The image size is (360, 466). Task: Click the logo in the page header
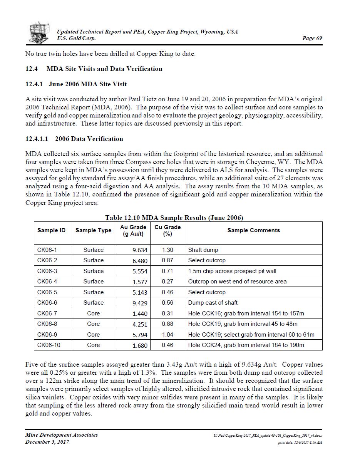point(39,32)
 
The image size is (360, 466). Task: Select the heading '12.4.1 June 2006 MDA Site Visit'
point(76,84)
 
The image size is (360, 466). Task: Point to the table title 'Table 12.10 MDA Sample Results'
point(174,218)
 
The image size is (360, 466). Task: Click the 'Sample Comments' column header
point(253,230)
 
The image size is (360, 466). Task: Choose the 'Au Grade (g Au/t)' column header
point(133,230)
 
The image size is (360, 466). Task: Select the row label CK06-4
point(47,282)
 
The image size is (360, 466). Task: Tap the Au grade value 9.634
point(140,250)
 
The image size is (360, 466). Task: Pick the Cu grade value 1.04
point(167,335)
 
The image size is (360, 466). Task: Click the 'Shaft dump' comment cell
point(203,250)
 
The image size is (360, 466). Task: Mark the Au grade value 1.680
point(140,345)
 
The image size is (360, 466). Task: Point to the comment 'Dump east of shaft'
point(213,303)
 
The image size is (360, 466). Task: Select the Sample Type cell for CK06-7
point(93,313)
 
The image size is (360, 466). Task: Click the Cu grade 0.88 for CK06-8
point(167,324)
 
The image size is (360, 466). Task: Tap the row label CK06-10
point(49,345)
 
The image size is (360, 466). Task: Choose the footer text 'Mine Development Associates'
point(61,435)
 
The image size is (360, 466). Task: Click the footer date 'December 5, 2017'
point(47,442)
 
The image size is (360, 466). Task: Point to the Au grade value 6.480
point(140,261)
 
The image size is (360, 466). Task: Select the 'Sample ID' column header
point(51,230)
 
